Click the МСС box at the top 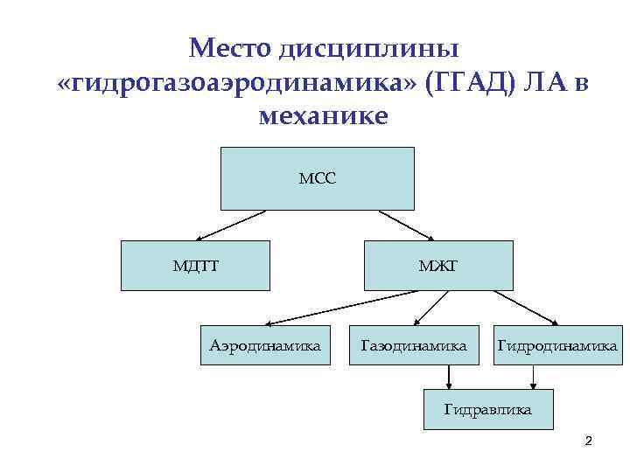coord(317,178)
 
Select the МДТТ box coord(195,265)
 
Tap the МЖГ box coord(438,265)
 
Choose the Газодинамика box coord(414,346)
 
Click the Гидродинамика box coord(556,346)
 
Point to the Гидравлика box coord(487,408)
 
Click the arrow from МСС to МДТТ coord(230,225)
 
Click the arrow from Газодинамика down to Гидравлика coord(449,377)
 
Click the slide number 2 coord(589,441)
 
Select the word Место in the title coord(230,45)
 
